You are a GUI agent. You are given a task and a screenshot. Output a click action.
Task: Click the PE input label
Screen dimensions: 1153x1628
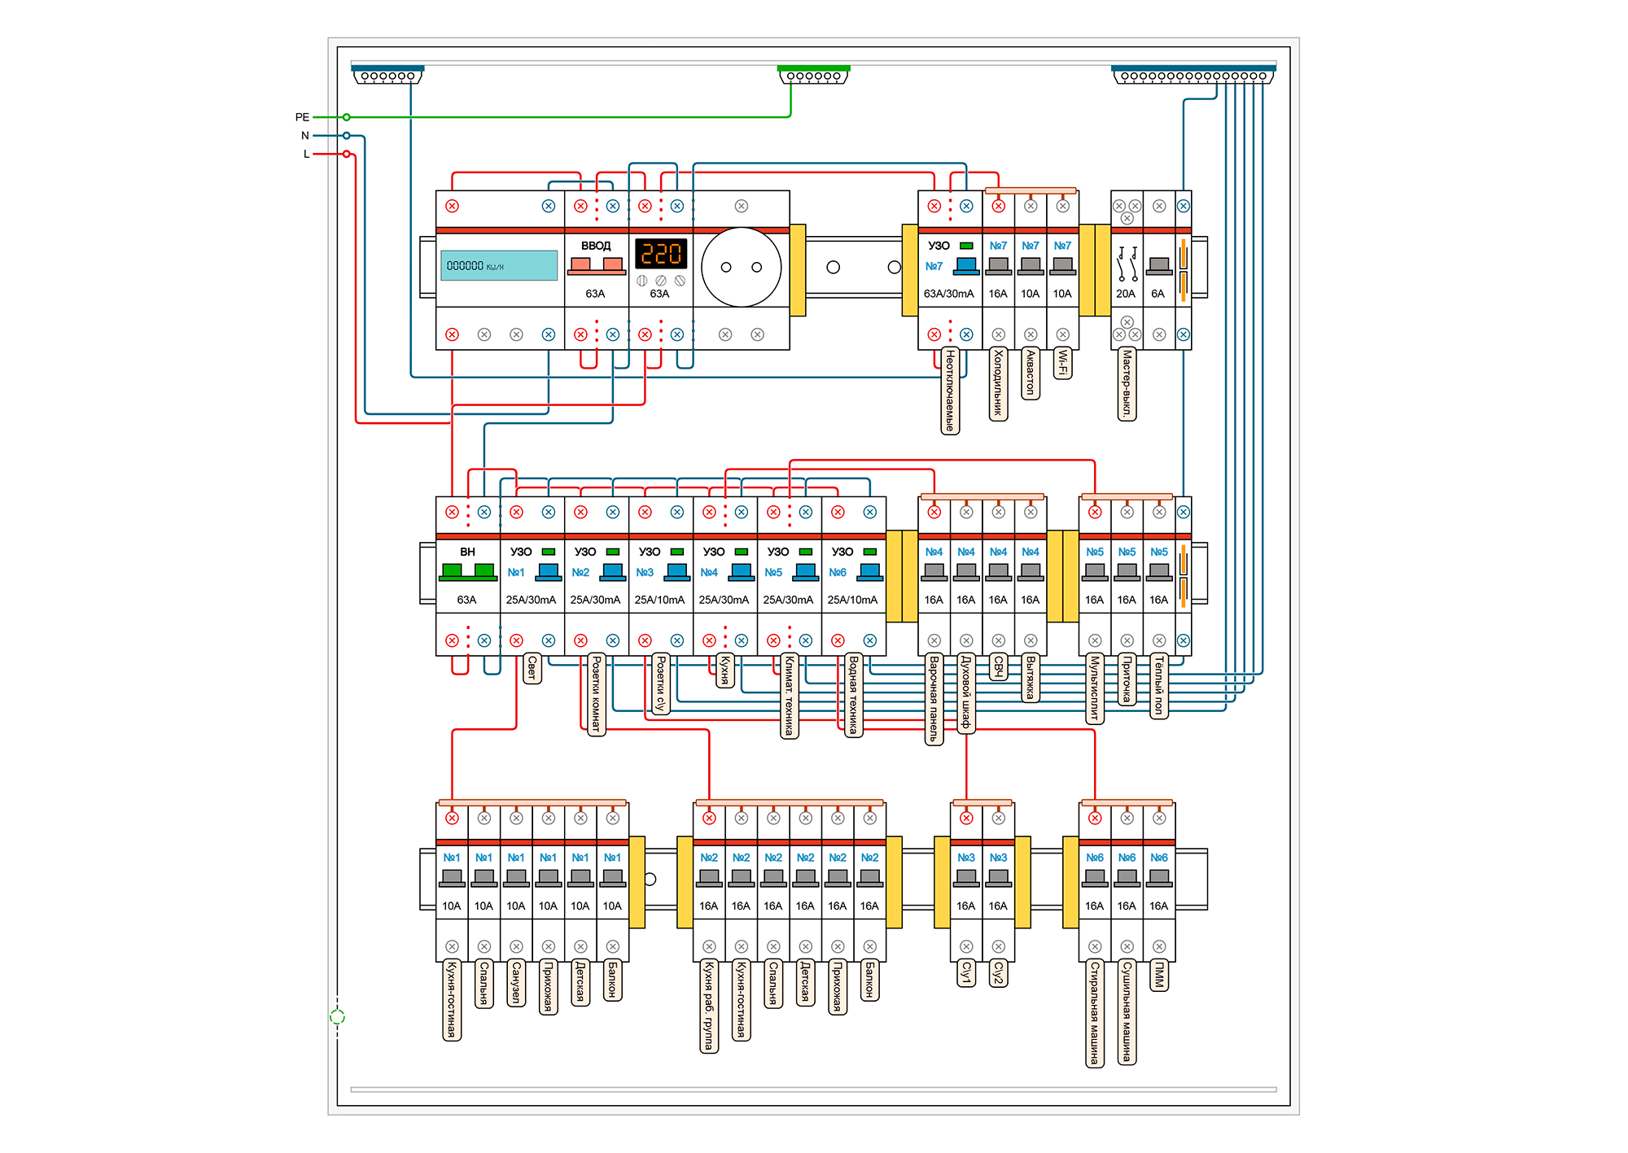click(x=302, y=117)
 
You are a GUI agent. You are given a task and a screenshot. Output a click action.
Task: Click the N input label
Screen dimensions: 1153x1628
click(x=305, y=136)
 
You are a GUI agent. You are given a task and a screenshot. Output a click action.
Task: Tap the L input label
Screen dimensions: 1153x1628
click(x=307, y=154)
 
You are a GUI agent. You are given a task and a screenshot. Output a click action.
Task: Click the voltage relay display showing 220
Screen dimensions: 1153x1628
click(x=660, y=254)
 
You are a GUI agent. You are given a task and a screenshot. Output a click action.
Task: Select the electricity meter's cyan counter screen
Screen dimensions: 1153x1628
click(x=499, y=265)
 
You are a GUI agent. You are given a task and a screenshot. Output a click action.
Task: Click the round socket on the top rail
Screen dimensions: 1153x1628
click(x=741, y=267)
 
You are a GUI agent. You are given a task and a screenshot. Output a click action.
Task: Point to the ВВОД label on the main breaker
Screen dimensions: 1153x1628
click(x=596, y=246)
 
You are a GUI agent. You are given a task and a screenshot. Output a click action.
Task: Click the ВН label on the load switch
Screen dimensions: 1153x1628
click(x=467, y=552)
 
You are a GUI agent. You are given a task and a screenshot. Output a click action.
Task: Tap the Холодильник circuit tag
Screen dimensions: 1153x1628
click(x=998, y=383)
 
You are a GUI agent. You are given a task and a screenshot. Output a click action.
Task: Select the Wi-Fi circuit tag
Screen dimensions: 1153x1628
click(x=1062, y=363)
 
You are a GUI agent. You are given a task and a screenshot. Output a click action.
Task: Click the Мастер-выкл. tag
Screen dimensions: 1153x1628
click(x=1127, y=383)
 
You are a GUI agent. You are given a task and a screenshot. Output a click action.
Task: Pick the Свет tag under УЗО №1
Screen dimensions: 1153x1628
click(x=532, y=668)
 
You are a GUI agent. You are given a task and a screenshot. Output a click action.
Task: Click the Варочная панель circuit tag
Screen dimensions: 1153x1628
click(x=934, y=699)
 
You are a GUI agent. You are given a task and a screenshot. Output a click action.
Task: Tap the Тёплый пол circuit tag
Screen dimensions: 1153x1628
click(x=1159, y=685)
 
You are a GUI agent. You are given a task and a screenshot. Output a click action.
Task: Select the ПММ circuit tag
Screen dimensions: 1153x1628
click(x=1159, y=974)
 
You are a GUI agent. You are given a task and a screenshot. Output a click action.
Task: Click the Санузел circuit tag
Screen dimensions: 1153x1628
click(x=516, y=982)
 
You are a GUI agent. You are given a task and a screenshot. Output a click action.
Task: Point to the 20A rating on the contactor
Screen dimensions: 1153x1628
click(x=1126, y=294)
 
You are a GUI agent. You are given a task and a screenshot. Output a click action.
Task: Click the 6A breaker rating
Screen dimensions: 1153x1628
click(x=1158, y=294)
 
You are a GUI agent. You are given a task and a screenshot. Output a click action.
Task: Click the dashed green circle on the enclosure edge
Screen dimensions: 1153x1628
click(x=337, y=1016)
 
